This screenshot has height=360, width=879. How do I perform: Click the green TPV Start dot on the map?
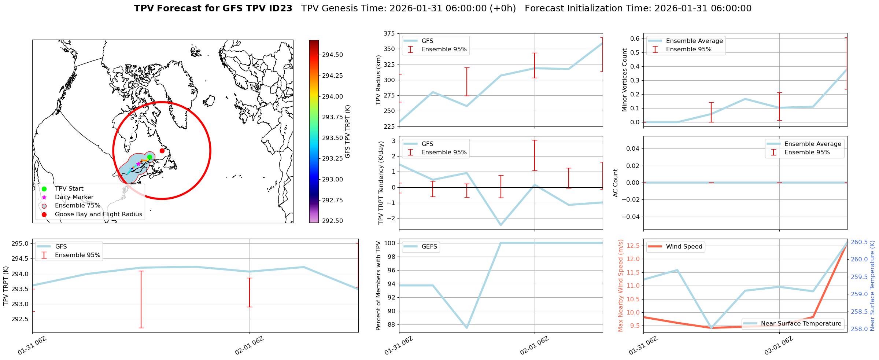149,157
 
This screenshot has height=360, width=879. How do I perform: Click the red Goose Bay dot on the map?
162,151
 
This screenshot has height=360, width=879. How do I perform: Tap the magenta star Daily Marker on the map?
138,164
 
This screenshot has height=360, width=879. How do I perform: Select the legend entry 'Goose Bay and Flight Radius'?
98,214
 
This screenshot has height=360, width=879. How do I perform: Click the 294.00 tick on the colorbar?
332,96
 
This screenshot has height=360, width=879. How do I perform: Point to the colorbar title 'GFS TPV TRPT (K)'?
348,131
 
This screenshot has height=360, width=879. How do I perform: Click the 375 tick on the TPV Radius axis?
389,34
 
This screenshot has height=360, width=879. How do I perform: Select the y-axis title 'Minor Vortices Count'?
625,80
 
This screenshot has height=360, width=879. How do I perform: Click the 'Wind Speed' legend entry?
684,247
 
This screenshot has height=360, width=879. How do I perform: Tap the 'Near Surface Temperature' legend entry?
801,324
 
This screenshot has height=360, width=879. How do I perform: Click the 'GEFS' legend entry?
429,247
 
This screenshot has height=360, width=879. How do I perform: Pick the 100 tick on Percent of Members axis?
389,243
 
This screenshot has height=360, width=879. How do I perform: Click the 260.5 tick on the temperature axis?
859,242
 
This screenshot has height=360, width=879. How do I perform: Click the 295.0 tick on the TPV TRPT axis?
21,244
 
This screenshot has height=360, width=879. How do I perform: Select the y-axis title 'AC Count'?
616,183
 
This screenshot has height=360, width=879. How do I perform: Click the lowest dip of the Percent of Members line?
467,327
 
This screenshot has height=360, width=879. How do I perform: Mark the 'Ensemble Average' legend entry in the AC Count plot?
812,144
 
